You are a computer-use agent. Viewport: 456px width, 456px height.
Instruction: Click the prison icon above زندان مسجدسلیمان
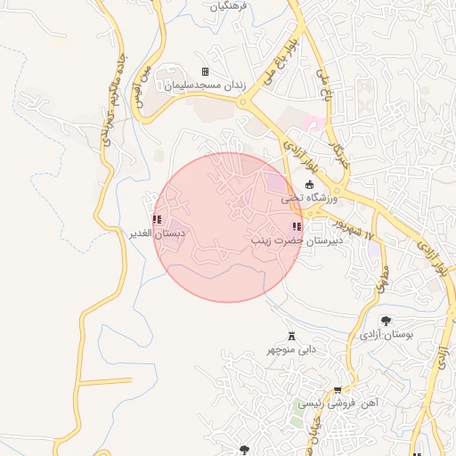click(206, 71)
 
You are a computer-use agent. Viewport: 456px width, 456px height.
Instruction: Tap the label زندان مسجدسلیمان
click(203, 85)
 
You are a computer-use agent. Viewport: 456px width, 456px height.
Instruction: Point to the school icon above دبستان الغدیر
click(157, 219)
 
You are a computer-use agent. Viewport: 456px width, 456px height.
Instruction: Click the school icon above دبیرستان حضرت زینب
click(297, 227)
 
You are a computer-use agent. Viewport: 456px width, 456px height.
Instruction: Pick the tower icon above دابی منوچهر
click(291, 336)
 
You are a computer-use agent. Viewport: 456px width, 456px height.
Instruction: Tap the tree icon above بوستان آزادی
click(386, 321)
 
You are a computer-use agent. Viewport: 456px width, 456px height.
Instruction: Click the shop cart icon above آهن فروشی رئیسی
click(338, 390)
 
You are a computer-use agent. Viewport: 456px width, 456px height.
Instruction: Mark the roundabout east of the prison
click(241, 102)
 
